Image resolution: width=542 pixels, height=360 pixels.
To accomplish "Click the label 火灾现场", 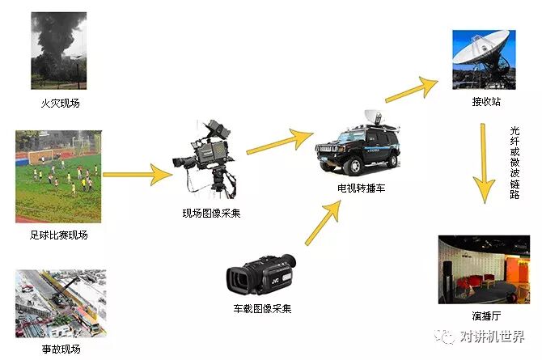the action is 60,104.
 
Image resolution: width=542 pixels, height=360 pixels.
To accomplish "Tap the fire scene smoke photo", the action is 59,51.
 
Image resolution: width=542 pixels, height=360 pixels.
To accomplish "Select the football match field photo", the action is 59,176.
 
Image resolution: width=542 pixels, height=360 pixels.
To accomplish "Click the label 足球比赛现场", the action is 60,235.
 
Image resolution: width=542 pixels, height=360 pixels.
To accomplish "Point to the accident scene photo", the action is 60,303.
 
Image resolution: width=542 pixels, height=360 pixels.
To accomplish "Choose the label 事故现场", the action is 60,350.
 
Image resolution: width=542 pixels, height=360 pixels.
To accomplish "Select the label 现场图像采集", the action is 211,214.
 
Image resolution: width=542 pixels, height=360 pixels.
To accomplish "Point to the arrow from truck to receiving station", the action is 412,87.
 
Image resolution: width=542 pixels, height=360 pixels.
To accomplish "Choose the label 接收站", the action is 487,103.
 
